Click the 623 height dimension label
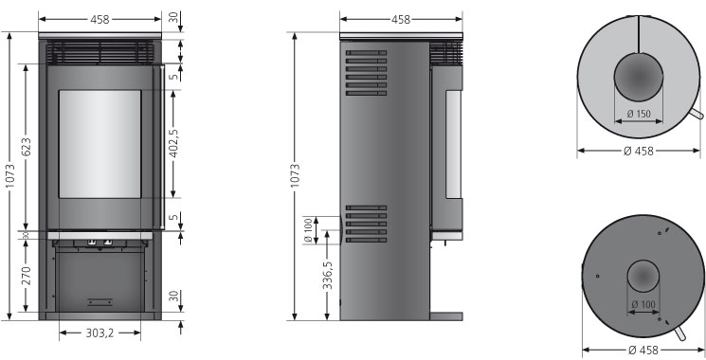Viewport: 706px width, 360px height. [x=27, y=147]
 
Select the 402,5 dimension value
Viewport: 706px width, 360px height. [x=173, y=144]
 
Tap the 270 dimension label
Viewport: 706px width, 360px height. [x=27, y=276]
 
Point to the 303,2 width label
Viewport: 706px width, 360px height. [x=100, y=333]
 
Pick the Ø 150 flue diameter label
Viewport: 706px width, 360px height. [x=639, y=114]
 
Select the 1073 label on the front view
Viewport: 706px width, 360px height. [x=9, y=176]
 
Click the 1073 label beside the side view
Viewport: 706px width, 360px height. [x=295, y=176]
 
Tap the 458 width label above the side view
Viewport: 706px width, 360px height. [x=401, y=19]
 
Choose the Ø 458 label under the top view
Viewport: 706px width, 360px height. [x=639, y=152]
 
